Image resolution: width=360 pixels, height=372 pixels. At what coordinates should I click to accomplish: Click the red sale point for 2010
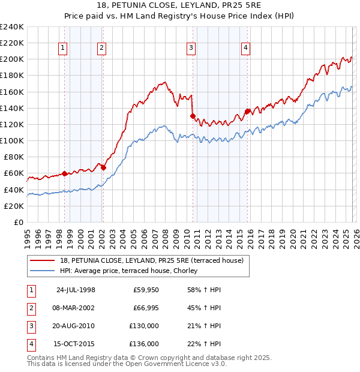click(193, 116)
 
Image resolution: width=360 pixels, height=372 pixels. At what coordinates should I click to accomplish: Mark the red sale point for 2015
click(247, 111)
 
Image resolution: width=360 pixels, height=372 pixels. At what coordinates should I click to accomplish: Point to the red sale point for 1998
click(65, 173)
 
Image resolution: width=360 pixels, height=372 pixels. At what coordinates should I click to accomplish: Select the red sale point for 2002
click(103, 167)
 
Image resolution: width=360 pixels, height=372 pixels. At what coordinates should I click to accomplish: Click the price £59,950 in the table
click(146, 289)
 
